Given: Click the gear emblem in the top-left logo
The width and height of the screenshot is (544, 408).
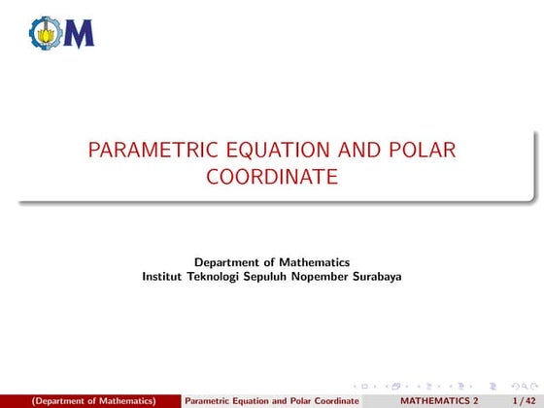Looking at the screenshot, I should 44,34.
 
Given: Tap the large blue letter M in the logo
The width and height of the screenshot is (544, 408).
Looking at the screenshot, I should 79,34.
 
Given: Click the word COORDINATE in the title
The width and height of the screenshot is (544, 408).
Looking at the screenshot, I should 272,178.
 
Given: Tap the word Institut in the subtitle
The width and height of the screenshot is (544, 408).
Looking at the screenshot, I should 162,276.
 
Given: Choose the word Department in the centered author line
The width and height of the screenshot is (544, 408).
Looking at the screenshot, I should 230,261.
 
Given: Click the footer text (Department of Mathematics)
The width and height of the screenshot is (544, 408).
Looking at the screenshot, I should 93,400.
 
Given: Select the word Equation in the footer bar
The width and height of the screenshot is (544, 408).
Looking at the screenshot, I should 255,400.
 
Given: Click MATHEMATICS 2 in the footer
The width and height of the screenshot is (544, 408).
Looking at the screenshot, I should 439,400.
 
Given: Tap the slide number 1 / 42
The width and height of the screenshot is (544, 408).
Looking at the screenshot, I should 524,400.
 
